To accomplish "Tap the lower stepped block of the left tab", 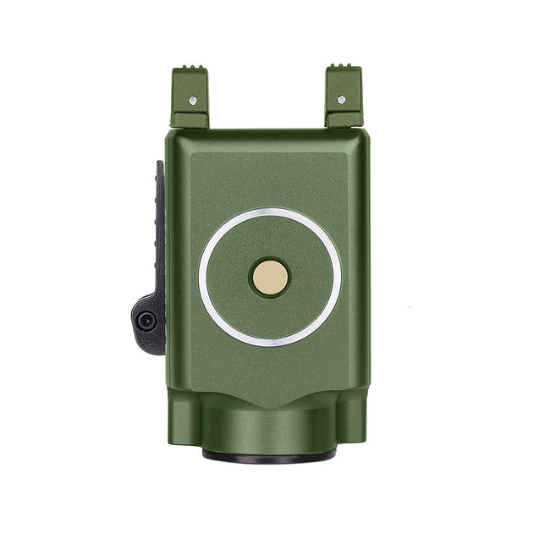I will click(x=188, y=120).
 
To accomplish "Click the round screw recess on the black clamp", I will click(x=146, y=320).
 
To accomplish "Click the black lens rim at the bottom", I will click(x=269, y=456).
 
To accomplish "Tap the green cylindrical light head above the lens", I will click(x=269, y=427).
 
